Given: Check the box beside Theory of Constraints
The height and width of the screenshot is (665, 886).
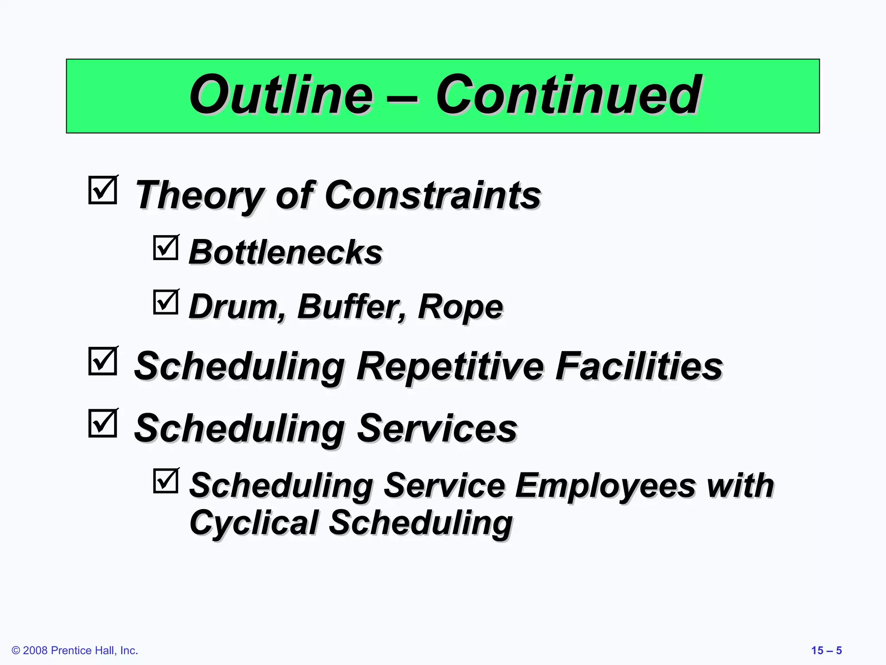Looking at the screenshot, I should (103, 190).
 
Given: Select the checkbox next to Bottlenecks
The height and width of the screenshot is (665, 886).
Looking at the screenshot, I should (166, 248).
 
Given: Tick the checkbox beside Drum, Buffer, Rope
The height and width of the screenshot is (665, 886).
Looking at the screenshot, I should (166, 302).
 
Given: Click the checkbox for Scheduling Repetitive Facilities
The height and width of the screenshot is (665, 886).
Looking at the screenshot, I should (103, 361).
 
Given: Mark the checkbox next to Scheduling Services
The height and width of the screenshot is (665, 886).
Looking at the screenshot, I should (103, 423).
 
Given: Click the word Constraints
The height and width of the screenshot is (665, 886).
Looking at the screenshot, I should (433, 195).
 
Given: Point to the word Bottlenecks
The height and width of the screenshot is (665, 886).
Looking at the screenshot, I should (286, 252).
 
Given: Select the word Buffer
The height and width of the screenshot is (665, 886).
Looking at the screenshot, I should (352, 307).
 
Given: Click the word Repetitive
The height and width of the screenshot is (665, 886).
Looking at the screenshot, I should (450, 366).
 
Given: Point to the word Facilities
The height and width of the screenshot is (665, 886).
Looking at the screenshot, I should (639, 366).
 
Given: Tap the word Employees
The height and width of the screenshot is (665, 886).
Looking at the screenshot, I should (606, 486).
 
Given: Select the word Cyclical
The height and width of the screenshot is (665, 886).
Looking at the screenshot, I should (254, 523).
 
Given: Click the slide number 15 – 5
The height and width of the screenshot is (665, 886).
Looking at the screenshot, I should (826, 650).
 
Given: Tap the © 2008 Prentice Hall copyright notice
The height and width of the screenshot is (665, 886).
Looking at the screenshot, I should (75, 650).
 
